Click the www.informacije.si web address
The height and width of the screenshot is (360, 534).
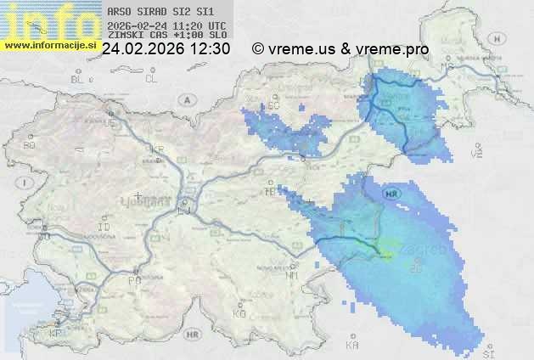[49, 44]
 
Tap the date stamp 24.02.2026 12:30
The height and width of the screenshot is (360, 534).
[166, 49]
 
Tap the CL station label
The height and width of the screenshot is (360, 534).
[152, 79]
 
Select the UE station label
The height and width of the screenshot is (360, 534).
[109, 122]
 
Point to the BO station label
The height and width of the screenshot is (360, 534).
[29, 145]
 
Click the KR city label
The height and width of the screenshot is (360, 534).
[157, 149]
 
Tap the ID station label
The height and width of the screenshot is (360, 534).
[104, 228]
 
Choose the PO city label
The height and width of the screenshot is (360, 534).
[133, 279]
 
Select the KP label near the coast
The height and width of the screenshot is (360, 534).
[56, 333]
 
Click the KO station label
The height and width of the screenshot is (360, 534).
[239, 313]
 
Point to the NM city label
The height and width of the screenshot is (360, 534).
[292, 275]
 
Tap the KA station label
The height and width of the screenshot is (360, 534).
[352, 346]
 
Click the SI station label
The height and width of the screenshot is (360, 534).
[488, 352]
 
